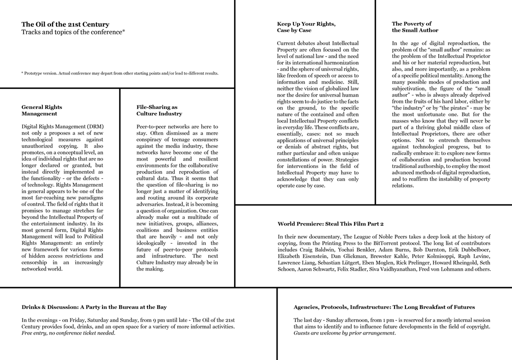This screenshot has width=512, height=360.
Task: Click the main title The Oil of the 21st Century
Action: pos(65,24)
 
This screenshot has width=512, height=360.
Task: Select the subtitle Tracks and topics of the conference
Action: pos(73,32)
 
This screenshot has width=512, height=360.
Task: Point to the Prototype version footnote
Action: pos(120,73)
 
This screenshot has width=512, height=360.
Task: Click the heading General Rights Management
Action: pos(42,110)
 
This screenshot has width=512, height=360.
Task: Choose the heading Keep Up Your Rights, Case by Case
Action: pos(306,27)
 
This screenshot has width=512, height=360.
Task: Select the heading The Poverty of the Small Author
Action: pos(415,27)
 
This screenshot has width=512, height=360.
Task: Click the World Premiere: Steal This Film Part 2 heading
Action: pos(330,224)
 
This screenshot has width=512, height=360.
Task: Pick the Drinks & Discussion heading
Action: pos(94,307)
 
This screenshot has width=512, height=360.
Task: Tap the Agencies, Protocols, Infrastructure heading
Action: pos(384,307)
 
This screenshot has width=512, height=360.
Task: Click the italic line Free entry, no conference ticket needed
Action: pos(68,333)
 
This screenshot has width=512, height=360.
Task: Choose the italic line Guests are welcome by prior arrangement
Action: pos(344,333)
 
